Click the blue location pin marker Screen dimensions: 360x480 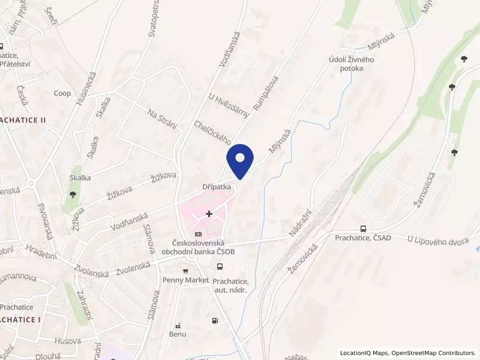point(241,160)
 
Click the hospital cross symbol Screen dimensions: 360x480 point(209,214)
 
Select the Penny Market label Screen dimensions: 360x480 point(185,280)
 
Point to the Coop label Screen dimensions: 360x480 point(62,94)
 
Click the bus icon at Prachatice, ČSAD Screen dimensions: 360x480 point(363,229)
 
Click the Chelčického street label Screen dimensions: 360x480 point(213,132)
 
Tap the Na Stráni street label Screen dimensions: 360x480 point(163,117)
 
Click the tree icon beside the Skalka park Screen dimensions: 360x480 point(73,194)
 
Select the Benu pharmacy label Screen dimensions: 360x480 point(178,334)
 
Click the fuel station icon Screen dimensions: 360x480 point(214,321)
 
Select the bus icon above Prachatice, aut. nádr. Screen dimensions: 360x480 point(220,267)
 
